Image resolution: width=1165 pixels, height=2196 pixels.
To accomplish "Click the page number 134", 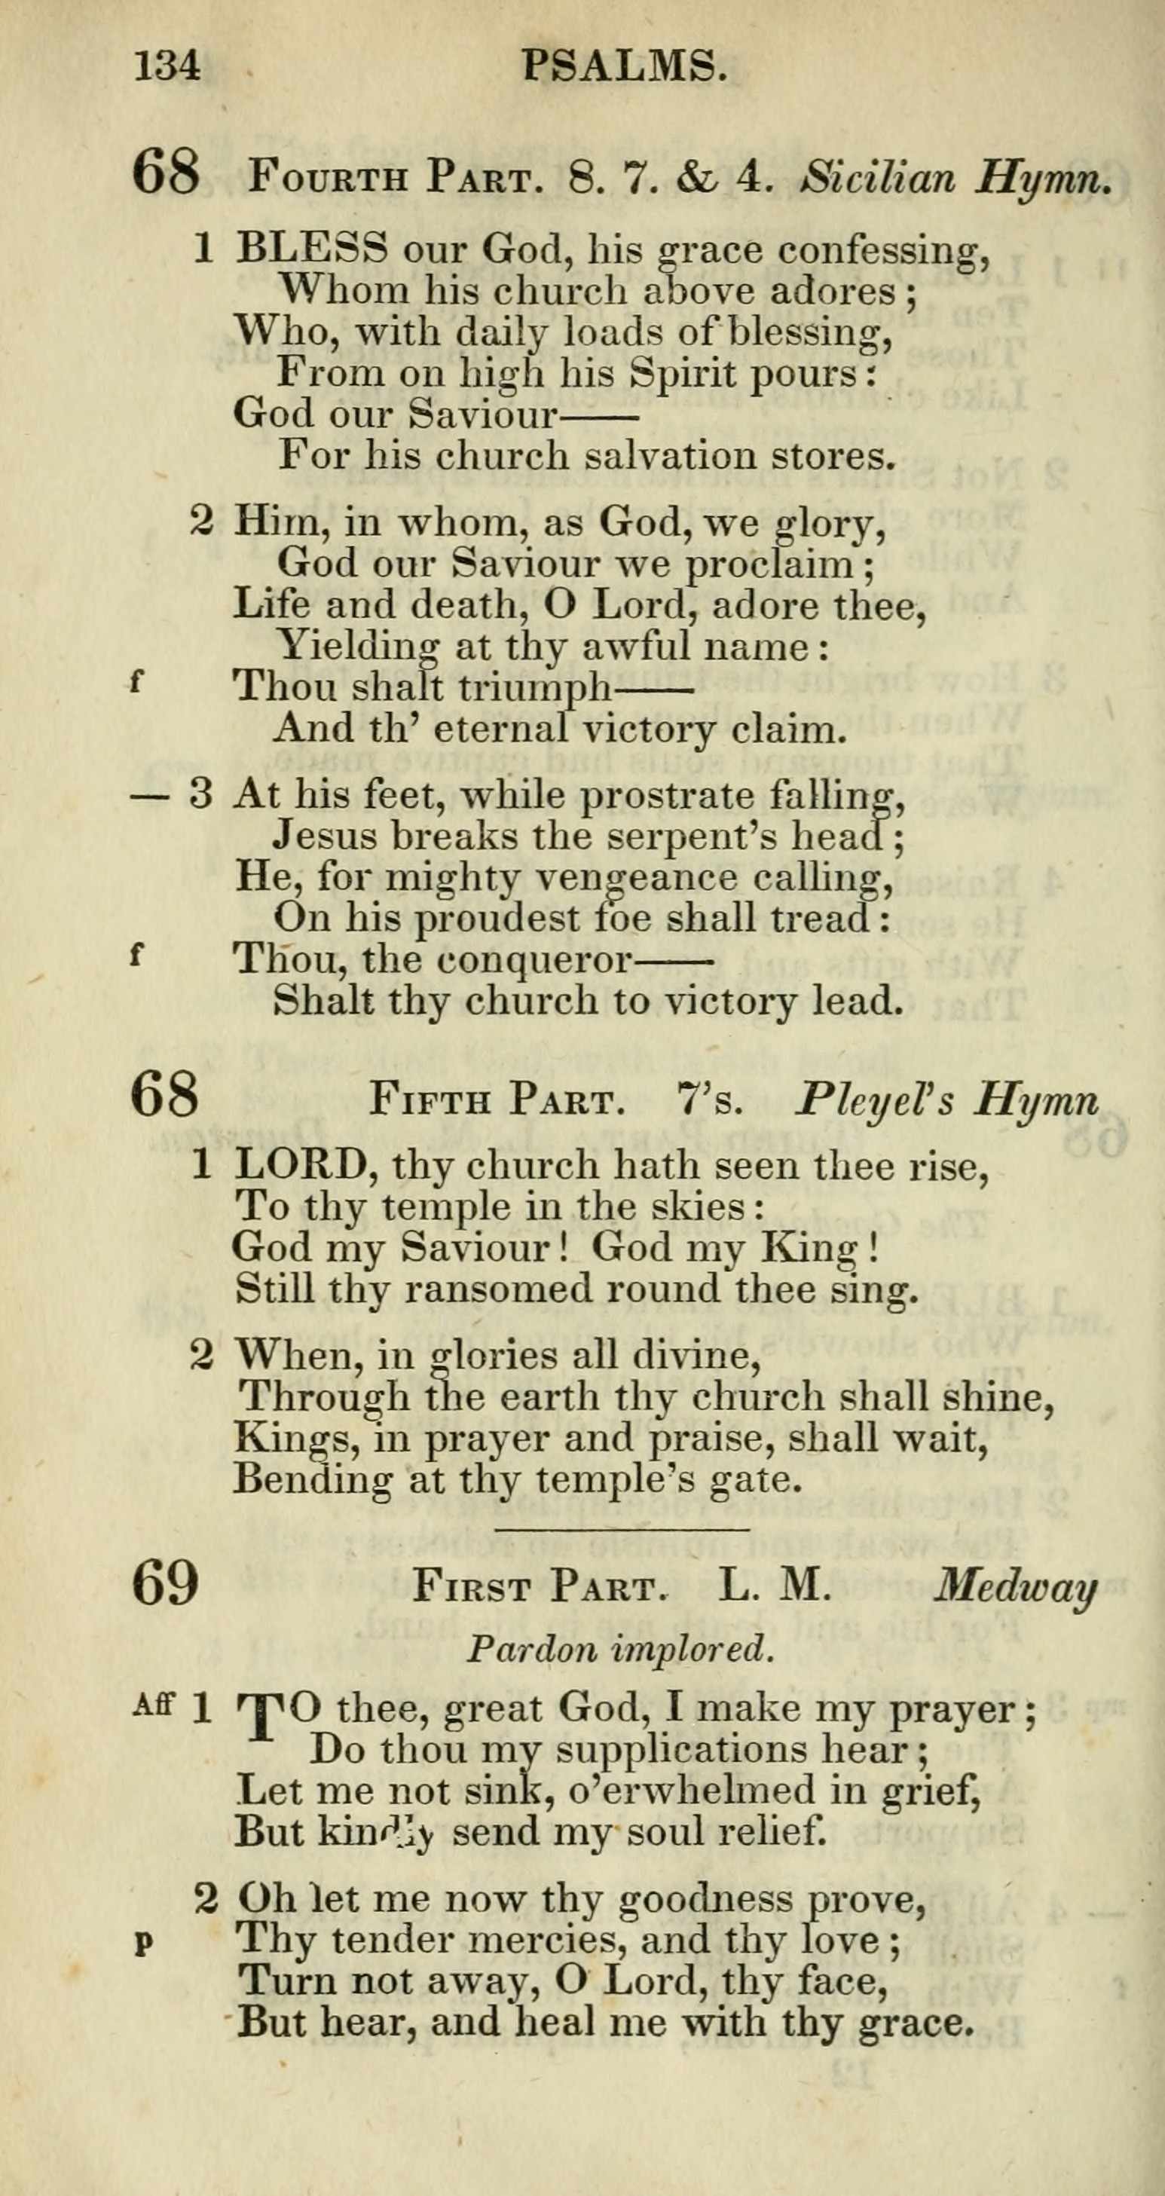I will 167,66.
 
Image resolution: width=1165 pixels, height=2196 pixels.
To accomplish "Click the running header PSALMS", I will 625,66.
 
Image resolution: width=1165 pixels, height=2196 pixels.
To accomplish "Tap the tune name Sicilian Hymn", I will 956,179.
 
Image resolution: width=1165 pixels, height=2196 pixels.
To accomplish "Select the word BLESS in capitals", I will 311,249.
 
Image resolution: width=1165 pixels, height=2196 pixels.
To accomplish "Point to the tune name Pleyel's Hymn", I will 946,1102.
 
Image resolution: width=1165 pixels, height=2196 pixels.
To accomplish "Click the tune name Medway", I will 1014,1587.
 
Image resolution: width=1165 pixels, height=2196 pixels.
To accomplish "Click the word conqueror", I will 534,960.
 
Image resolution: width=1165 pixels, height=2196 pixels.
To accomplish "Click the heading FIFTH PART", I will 493,1102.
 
